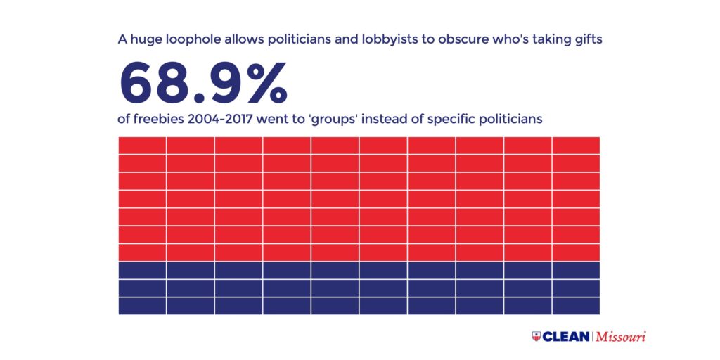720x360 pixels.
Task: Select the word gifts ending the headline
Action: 586,40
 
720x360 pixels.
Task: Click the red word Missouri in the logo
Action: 621,336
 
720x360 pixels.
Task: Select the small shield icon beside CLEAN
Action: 536,336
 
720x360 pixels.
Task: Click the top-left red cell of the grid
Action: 142,146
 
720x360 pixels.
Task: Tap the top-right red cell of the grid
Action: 576,146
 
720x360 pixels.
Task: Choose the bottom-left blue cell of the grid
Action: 142,306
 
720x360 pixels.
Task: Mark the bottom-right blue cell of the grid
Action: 576,306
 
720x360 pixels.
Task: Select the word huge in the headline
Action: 146,40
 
